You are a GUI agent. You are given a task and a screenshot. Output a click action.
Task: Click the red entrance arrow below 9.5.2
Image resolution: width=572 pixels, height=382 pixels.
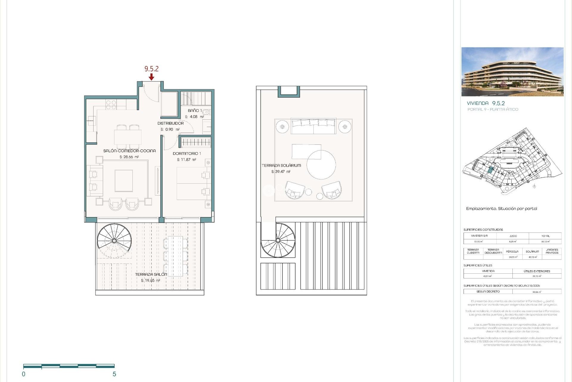[151, 77]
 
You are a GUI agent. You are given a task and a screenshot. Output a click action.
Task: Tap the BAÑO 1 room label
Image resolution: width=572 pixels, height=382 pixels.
[195, 111]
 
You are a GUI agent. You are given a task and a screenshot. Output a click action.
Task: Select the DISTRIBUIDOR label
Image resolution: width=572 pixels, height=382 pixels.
[170, 123]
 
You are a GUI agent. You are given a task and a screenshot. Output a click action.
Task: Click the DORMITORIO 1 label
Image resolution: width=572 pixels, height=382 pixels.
[187, 153]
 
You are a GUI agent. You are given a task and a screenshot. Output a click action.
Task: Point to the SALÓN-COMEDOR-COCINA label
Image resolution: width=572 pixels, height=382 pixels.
[129, 151]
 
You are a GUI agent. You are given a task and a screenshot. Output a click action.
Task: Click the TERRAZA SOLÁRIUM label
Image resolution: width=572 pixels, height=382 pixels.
[281, 165]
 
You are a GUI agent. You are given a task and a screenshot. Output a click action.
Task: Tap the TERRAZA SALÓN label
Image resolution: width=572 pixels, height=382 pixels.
[151, 274]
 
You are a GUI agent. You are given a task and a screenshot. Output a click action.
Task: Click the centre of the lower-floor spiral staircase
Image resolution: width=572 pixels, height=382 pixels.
[114, 241]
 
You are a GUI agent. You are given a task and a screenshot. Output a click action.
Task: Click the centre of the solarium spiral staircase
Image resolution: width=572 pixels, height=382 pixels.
[278, 240]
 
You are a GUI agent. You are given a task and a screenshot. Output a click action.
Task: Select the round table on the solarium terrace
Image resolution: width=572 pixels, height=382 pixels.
[321, 165]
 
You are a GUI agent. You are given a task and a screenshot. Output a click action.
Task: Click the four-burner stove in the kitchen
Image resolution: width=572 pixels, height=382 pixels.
[111, 104]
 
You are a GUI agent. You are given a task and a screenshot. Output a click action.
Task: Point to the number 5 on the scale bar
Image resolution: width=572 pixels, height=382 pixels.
[114, 374]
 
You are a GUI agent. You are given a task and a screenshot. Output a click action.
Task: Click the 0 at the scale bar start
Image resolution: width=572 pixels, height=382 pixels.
[24, 374]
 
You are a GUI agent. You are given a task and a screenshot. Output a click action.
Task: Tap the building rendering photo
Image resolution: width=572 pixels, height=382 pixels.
[512, 72]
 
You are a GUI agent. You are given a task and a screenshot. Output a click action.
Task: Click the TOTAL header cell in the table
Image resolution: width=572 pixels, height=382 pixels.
[545, 236]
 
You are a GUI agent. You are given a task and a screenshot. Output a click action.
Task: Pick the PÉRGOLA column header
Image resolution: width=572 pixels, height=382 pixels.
[512, 251]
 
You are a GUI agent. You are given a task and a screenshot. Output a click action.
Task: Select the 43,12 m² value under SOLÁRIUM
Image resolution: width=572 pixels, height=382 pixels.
[532, 257]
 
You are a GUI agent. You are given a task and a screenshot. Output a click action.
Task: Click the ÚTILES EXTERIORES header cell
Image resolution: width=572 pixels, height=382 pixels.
[537, 271]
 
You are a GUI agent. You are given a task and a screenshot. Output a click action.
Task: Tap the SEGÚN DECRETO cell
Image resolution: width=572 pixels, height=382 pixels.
[488, 292]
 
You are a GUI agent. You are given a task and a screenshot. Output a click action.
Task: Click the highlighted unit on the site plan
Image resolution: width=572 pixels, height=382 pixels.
[490, 171]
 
